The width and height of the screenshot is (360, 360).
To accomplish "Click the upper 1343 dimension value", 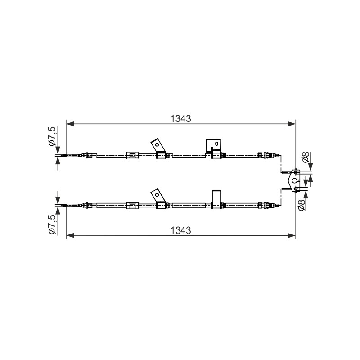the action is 181,119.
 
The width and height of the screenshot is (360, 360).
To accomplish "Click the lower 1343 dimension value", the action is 181,230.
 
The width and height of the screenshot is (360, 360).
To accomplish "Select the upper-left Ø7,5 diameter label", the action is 52,136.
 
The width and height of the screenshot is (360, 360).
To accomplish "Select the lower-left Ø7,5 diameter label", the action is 52,224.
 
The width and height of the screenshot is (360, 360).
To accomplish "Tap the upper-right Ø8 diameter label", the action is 306,157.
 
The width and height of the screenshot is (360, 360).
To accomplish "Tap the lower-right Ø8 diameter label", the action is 301,205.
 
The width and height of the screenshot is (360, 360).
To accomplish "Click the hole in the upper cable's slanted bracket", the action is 157,144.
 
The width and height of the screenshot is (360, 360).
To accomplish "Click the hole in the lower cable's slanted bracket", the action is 157,195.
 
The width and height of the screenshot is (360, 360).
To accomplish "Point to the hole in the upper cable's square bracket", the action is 216,144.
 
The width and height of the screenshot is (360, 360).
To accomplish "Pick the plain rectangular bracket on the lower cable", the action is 216,199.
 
